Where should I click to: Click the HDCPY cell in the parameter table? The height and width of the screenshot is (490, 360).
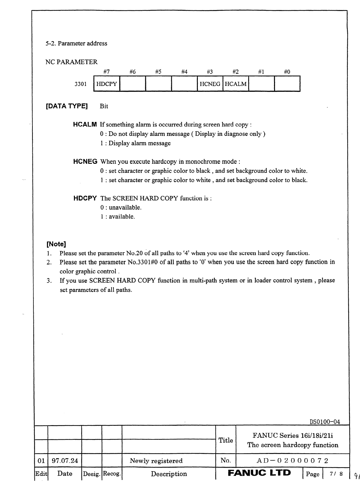click(107, 84)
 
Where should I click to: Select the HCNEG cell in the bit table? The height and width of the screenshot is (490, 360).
click(210, 84)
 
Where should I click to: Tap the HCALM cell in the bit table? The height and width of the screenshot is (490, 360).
click(236, 84)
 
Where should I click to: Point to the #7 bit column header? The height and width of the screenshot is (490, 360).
click(106, 72)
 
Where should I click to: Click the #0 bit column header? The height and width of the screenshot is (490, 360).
click(287, 72)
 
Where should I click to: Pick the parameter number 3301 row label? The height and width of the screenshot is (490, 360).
click(81, 84)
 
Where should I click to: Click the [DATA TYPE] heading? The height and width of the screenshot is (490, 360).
click(67, 106)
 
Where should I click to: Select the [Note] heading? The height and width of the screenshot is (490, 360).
click(56, 244)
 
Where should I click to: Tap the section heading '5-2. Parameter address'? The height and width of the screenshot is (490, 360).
click(77, 43)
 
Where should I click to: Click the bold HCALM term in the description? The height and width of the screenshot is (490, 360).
click(85, 125)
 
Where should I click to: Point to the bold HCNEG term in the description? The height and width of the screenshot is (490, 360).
click(85, 161)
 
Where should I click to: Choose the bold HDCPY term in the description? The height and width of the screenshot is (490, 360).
click(85, 198)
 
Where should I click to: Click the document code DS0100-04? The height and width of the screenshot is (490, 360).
click(325, 422)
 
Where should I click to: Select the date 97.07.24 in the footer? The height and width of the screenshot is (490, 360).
click(65, 460)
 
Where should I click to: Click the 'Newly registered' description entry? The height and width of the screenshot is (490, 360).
click(156, 461)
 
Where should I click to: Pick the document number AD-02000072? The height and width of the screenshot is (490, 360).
click(293, 460)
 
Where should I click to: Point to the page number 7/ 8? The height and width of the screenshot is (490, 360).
click(336, 474)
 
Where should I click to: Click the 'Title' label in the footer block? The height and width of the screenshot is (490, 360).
click(226, 440)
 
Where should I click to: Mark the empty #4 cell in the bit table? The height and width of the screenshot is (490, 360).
click(184, 84)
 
